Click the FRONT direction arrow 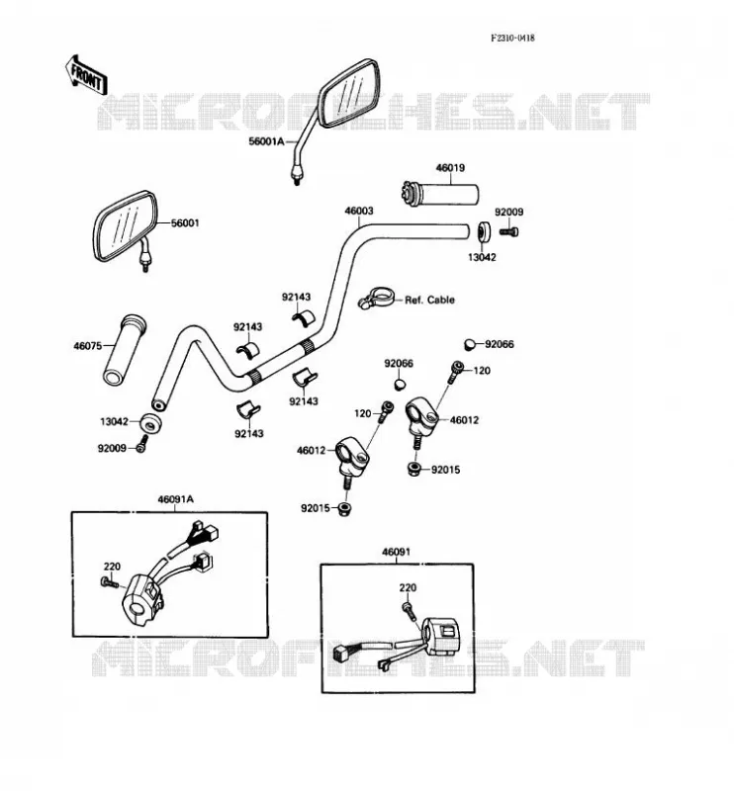[x=86, y=76]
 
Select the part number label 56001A [x=266, y=141]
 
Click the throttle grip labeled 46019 [x=440, y=194]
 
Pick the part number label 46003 [x=359, y=211]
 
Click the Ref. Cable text [x=429, y=300]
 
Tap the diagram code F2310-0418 [x=512, y=38]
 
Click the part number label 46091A [x=176, y=499]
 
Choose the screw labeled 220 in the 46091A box [x=110, y=582]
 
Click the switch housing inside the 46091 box [x=441, y=636]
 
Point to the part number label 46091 [x=397, y=552]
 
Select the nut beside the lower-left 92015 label [x=345, y=508]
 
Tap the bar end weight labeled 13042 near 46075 [x=150, y=424]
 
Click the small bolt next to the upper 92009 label [x=508, y=231]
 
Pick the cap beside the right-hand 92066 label [x=470, y=344]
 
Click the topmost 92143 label [x=297, y=298]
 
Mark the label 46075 [x=88, y=346]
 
